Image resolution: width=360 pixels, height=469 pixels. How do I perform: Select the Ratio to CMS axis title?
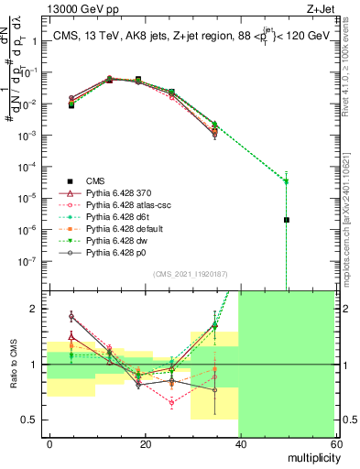pyautogui.click(x=13, y=365)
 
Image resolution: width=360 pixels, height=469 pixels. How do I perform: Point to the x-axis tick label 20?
pyautogui.click(x=145, y=443)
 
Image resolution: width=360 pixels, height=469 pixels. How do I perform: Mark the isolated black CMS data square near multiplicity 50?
pyautogui.click(x=287, y=220)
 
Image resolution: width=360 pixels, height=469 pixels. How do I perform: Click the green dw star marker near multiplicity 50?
pyautogui.click(x=287, y=180)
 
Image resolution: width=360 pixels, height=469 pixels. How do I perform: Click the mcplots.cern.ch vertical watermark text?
pyautogui.click(x=349, y=229)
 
